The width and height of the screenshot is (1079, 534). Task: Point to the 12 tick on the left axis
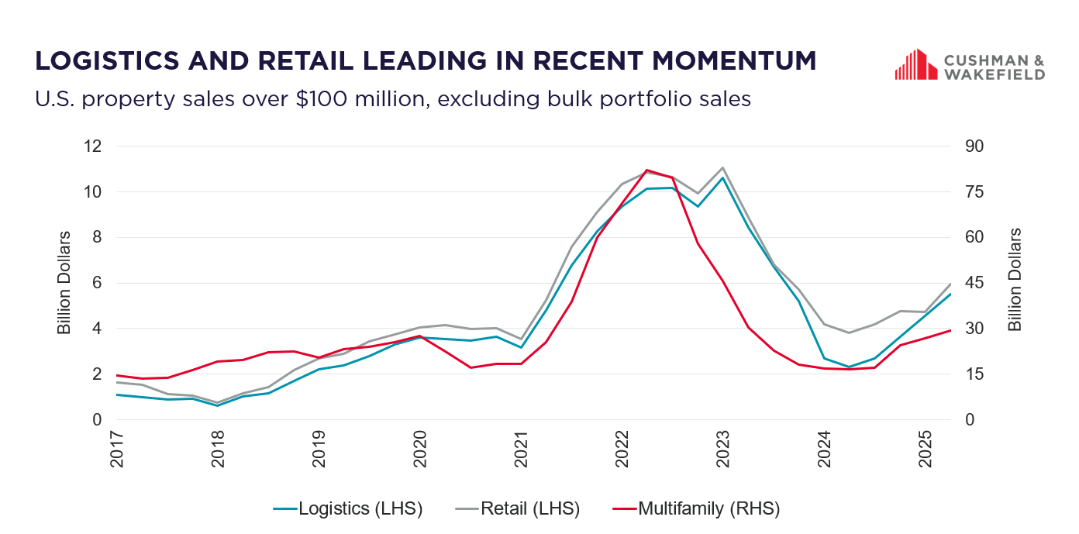[94, 146]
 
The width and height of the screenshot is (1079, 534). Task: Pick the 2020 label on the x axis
[420, 450]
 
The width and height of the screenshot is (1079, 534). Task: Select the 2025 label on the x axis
[925, 450]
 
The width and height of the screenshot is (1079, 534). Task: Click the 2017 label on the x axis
[117, 450]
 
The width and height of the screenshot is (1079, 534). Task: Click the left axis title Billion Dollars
[64, 283]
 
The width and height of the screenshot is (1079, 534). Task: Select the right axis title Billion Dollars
[1015, 280]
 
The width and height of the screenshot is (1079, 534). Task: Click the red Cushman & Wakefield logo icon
[911, 64]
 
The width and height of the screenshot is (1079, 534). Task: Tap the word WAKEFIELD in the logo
[994, 74]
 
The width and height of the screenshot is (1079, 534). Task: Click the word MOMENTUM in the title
[728, 60]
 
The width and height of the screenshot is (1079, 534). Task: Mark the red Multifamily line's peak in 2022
[646, 170]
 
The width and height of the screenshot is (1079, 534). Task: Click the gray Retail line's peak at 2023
[722, 167]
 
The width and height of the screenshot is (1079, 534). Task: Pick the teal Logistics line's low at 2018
[218, 405]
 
